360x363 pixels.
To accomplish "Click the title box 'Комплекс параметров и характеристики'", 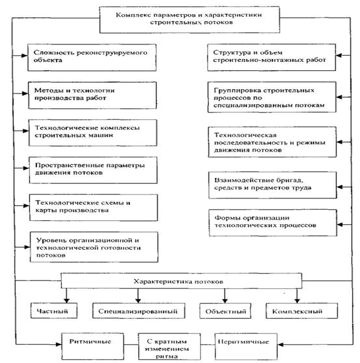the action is pyautogui.click(x=189, y=20).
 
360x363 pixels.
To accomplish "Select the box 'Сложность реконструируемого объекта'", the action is pyautogui.click(x=92, y=57).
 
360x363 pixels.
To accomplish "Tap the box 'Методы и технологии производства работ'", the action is pyautogui.click(x=93, y=95).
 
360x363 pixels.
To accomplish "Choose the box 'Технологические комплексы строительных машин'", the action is pyautogui.click(x=93, y=133).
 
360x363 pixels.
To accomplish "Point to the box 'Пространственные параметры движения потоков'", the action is pyautogui.click(x=93, y=170).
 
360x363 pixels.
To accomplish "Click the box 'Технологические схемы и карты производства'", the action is pyautogui.click(x=94, y=207).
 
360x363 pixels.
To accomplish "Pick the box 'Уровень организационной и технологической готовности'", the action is pyautogui.click(x=94, y=247).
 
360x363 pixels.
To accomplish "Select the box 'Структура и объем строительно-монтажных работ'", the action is pyautogui.click(x=271, y=57).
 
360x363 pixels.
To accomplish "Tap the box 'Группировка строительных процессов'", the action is pyautogui.click(x=272, y=97).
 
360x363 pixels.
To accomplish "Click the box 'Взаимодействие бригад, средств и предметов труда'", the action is pyautogui.click(x=273, y=185).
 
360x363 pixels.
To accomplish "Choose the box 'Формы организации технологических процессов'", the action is pyautogui.click(x=273, y=222).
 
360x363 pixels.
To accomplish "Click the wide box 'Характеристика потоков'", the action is pyautogui.click(x=181, y=281).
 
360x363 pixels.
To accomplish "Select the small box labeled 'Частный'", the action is pyautogui.click(x=53, y=311).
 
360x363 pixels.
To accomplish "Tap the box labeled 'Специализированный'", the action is pyautogui.click(x=139, y=311).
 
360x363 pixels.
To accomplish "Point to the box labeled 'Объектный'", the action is pyautogui.click(x=225, y=311).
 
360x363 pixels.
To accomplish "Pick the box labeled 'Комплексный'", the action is pyautogui.click(x=301, y=311).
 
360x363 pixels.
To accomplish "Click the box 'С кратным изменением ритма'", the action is pyautogui.click(x=169, y=347).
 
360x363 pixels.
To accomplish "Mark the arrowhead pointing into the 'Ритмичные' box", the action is pyautogui.click(x=59, y=345).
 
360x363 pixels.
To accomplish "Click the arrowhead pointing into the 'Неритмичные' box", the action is pyautogui.click(x=280, y=345).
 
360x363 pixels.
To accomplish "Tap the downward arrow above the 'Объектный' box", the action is pyautogui.click(x=225, y=296).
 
